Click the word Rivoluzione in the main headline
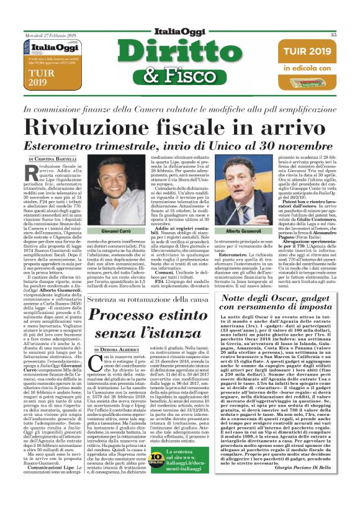[x=109, y=127]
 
